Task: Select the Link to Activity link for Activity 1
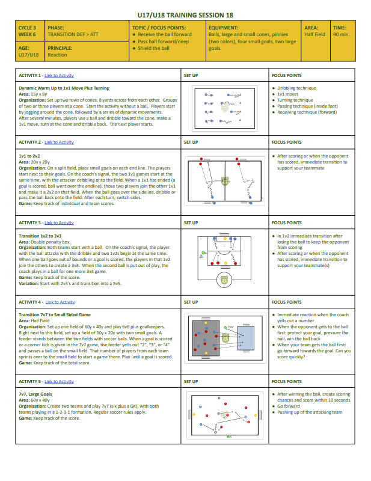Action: [x=59, y=76]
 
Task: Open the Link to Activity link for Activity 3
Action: [x=59, y=223]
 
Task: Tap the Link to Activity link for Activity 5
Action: [x=59, y=382]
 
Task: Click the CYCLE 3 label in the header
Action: [x=27, y=28]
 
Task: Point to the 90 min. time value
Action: [x=340, y=34]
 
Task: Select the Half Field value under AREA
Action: [x=314, y=34]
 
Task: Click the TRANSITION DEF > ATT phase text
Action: [x=70, y=34]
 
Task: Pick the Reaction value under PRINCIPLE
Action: [x=57, y=55]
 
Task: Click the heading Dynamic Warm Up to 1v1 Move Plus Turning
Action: [x=64, y=88]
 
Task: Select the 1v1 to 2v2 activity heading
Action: [x=29, y=155]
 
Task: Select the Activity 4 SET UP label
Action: [x=191, y=302]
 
